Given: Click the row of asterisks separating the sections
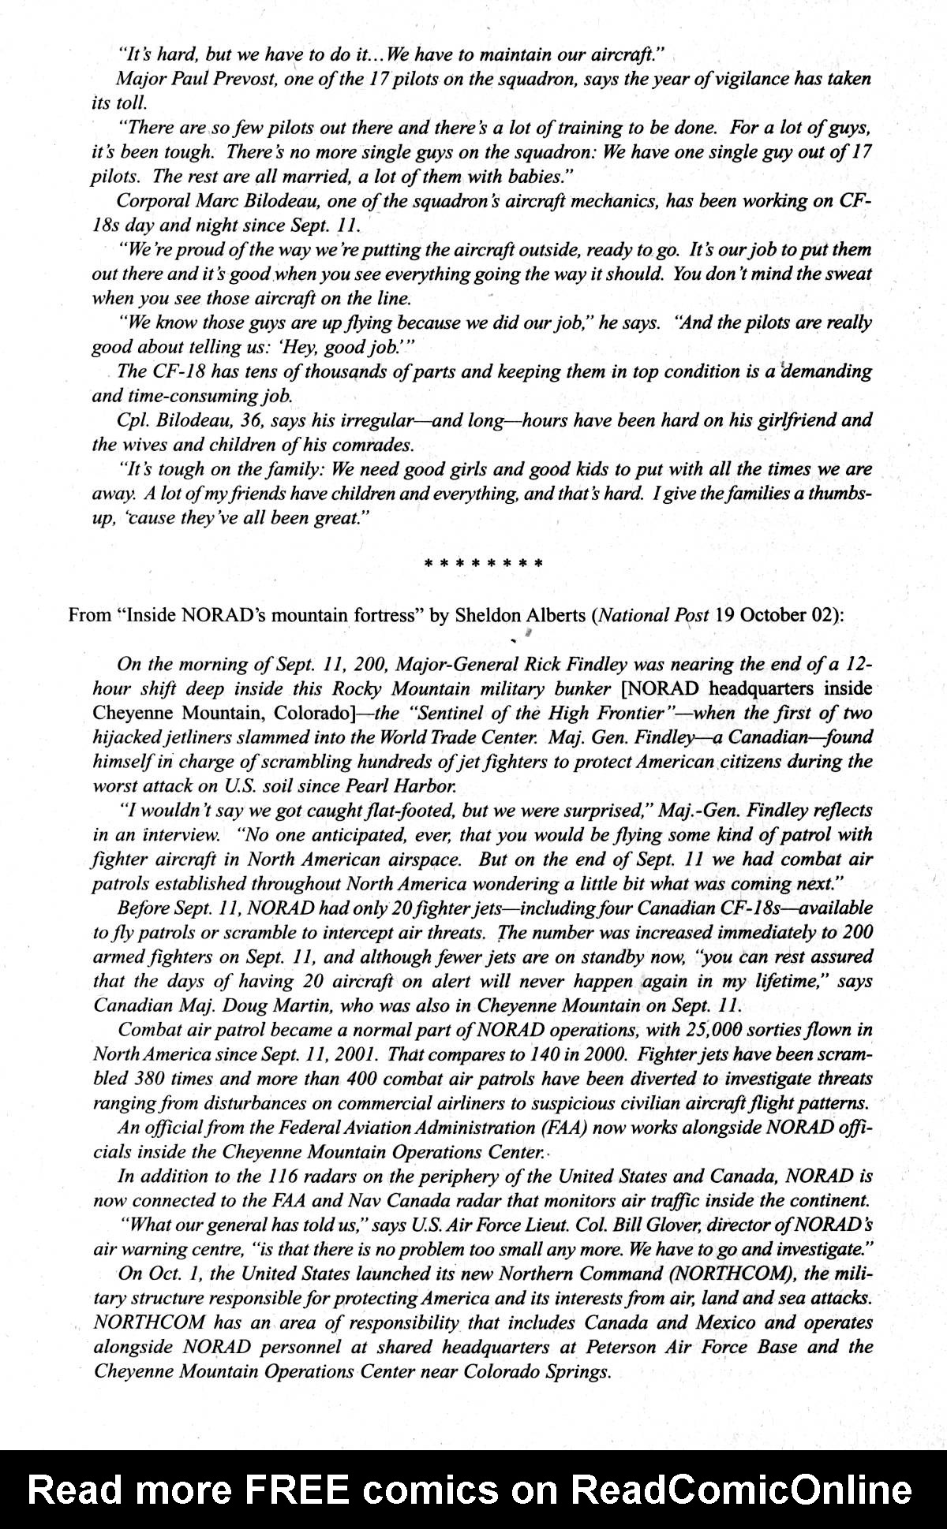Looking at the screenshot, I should pyautogui.click(x=483, y=564).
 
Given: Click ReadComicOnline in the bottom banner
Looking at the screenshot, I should pyautogui.click(x=740, y=1491).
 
